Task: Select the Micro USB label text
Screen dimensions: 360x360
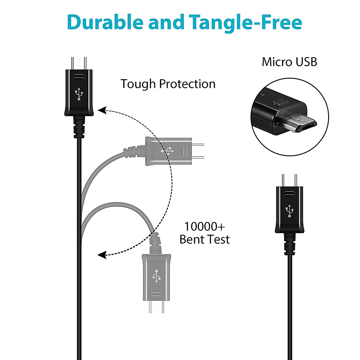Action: tap(289, 62)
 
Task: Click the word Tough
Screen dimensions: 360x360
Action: tap(138, 84)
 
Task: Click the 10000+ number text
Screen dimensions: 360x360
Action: tap(204, 226)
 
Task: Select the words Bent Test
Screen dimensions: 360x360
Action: tap(204, 239)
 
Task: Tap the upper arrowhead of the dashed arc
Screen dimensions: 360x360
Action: tap(103, 110)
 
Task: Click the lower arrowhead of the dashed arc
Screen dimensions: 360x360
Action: tap(103, 255)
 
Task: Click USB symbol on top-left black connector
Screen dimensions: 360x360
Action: tap(79, 94)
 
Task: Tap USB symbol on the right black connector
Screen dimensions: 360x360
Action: tap(289, 211)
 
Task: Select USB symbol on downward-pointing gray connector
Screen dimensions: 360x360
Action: tap(157, 276)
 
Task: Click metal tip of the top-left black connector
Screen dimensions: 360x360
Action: tap(79, 63)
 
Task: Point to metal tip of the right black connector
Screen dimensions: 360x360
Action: tap(289, 180)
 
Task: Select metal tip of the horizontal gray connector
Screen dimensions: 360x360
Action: tap(198, 151)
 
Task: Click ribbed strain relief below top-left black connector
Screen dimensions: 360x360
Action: tap(79, 127)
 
